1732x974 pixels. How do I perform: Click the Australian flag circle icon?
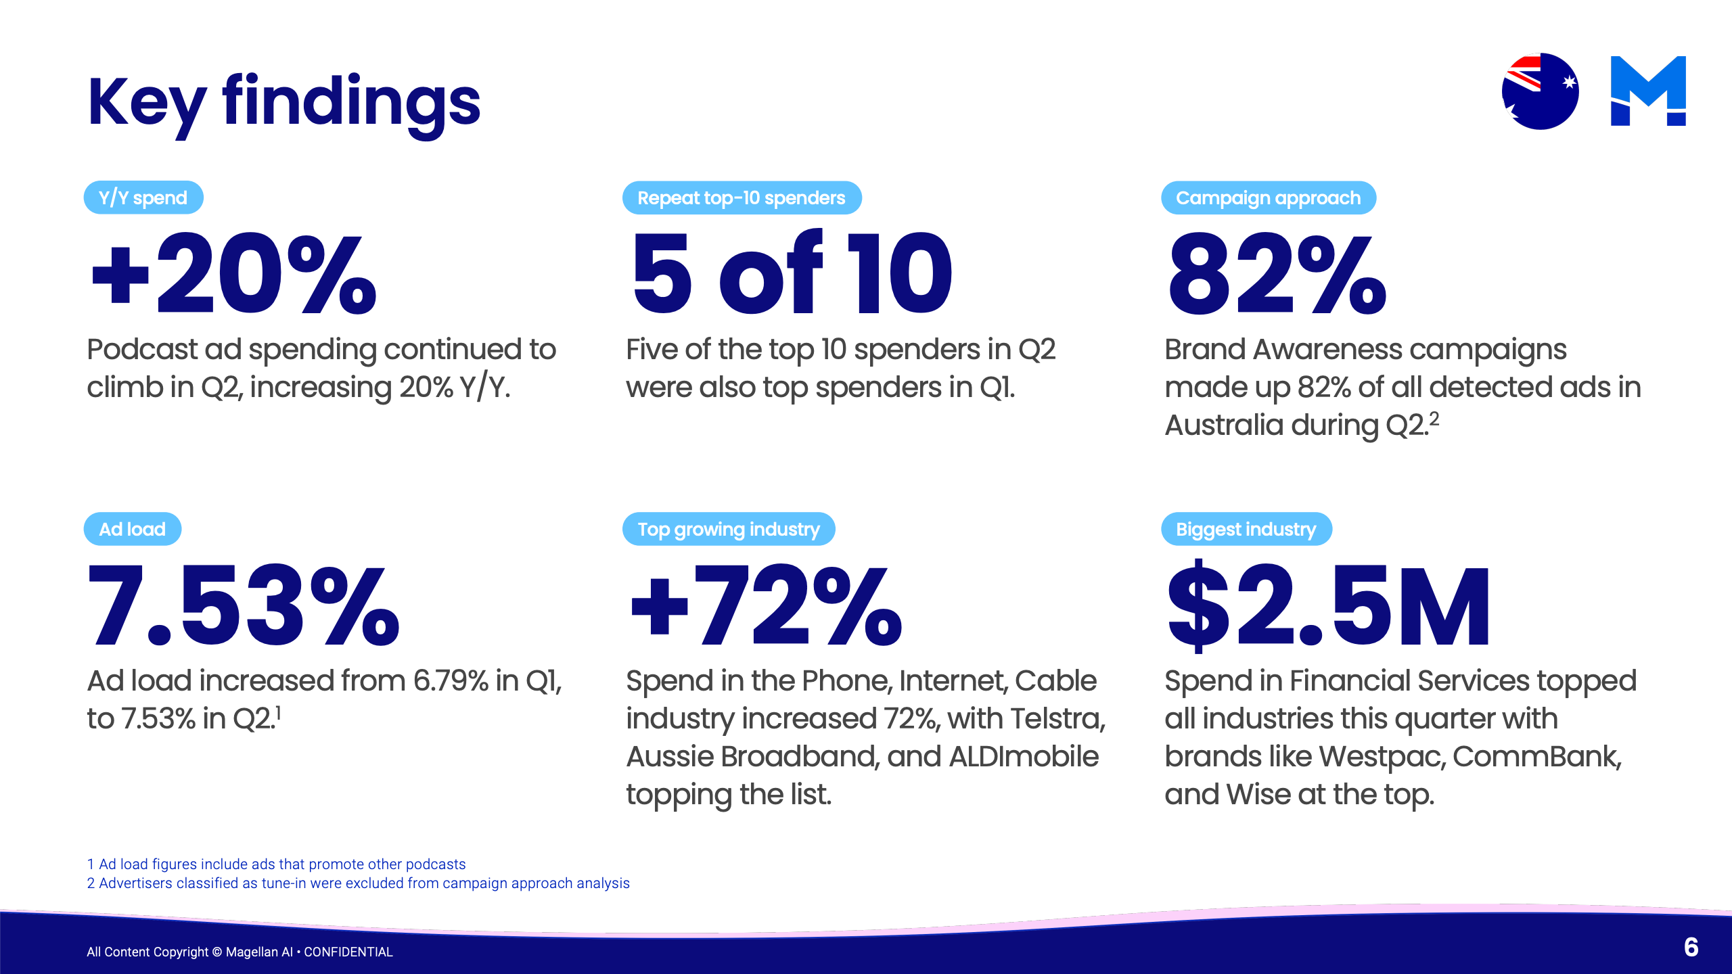(1540, 91)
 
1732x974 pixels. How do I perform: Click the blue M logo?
(1648, 91)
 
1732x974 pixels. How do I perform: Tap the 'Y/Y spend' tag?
(143, 198)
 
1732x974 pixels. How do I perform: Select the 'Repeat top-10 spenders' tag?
(742, 198)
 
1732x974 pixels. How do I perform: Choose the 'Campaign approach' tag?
(1269, 198)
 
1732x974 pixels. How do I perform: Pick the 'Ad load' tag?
(133, 529)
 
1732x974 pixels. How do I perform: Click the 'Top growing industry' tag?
(729, 529)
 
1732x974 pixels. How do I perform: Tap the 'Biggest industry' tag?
(1246, 529)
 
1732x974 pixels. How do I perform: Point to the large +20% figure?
(234, 273)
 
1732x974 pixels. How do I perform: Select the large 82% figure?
(1277, 273)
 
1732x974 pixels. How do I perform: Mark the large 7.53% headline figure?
(244, 605)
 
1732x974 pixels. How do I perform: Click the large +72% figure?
(766, 605)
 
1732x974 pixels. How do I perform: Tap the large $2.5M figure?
(1329, 605)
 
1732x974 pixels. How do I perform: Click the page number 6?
(1691, 947)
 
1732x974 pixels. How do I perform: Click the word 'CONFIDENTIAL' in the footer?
(348, 952)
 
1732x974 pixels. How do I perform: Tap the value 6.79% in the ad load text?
(451, 680)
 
